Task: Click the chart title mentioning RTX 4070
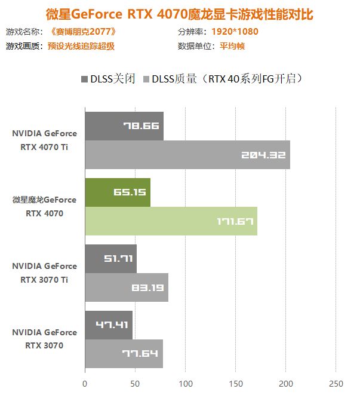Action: point(179,13)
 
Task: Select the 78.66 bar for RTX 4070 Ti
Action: point(124,126)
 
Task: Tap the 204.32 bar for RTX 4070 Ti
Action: point(187,155)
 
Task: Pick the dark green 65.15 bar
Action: point(118,192)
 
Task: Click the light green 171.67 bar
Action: point(171,221)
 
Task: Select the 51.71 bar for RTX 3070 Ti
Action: point(110,259)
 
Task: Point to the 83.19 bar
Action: point(127,287)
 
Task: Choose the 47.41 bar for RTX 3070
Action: point(109,325)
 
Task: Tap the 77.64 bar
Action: point(125,354)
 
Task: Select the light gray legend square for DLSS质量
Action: point(146,79)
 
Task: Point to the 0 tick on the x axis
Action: point(85,383)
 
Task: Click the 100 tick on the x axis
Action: point(185,383)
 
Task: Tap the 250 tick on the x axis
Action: point(336,383)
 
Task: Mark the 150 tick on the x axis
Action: point(235,383)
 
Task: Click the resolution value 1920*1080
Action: point(235,32)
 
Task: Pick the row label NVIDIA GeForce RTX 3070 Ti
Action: point(45,273)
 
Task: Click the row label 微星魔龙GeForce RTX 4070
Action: point(45,206)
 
